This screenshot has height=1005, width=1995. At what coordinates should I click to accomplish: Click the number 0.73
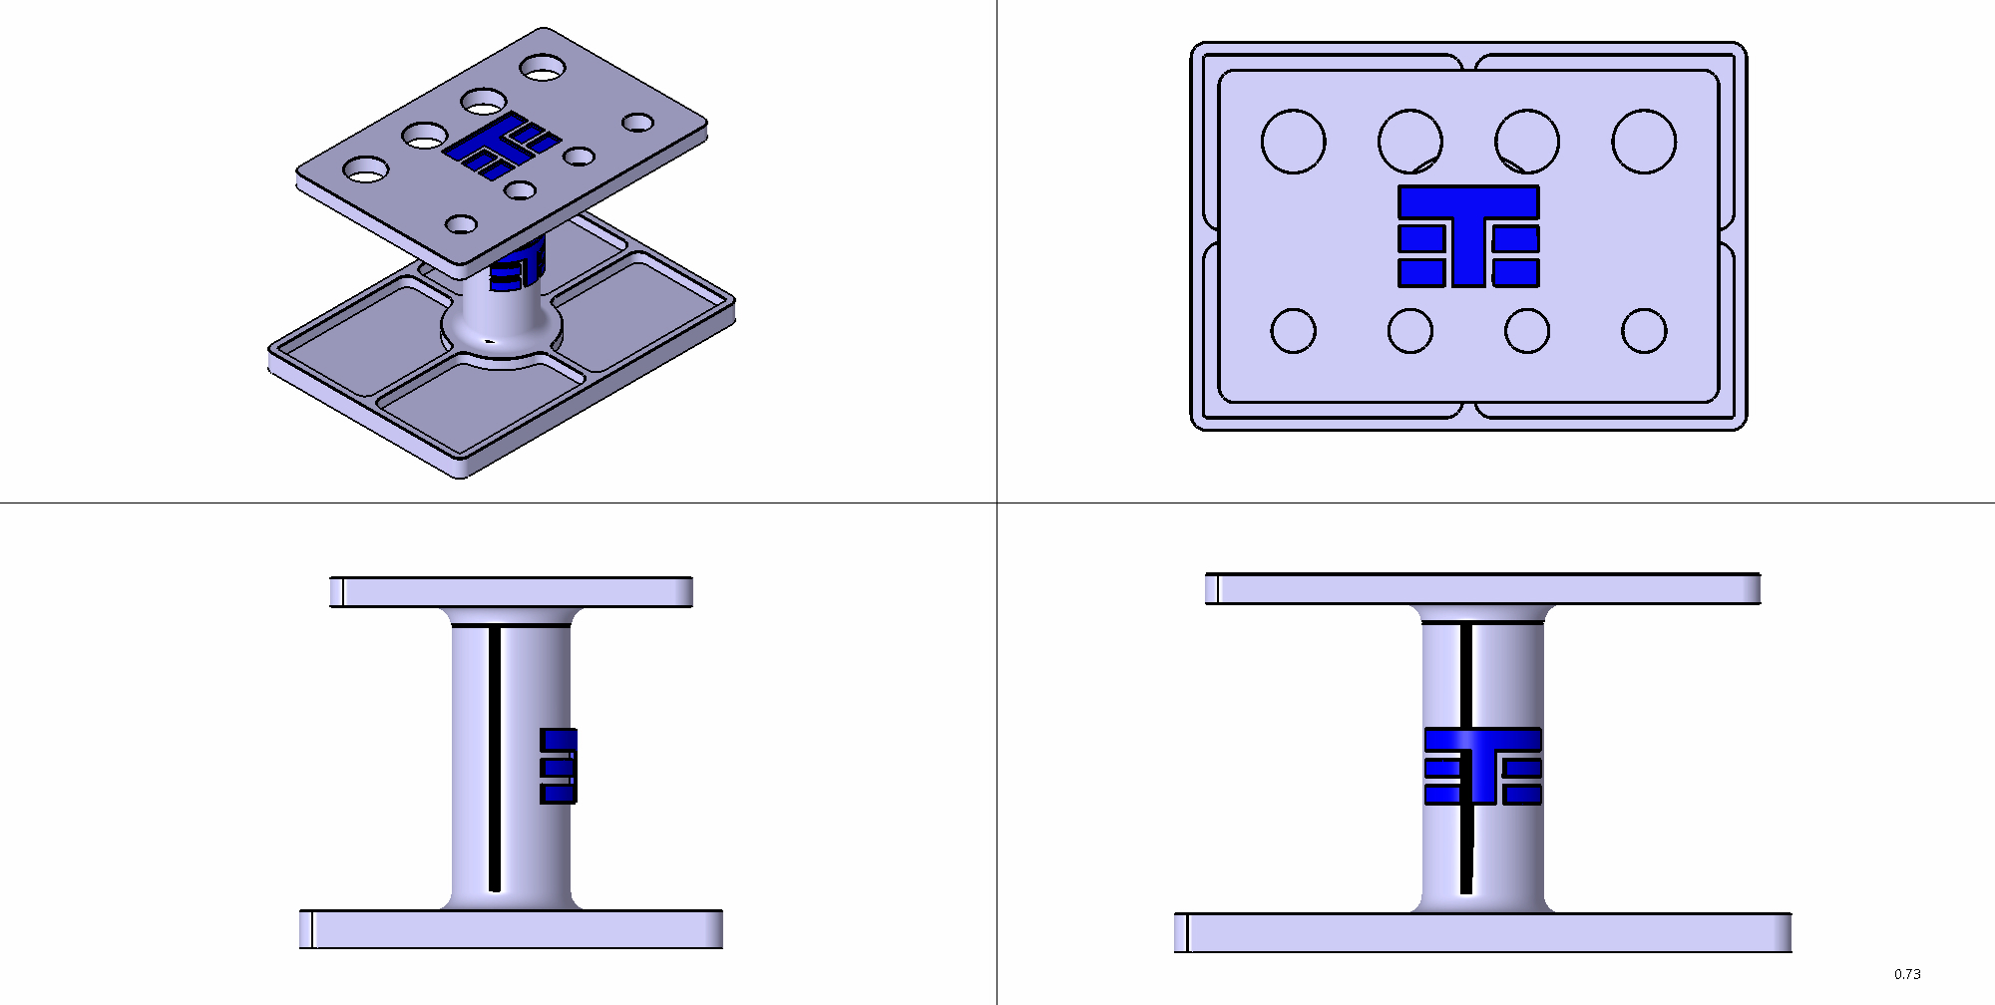point(1907,974)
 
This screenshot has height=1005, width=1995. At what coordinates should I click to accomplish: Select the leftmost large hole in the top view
point(1294,142)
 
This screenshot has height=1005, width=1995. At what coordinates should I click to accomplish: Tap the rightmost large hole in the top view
point(1644,142)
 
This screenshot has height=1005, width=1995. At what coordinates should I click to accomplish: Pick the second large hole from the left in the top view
point(1410,142)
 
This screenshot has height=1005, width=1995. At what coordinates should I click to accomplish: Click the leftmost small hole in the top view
point(1294,331)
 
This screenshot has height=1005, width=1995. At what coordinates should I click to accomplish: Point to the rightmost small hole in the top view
point(1644,331)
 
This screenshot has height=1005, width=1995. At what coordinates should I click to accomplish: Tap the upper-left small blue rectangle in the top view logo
point(1421,238)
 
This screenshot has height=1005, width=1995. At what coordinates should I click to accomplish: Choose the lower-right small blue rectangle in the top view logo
point(1516,273)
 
